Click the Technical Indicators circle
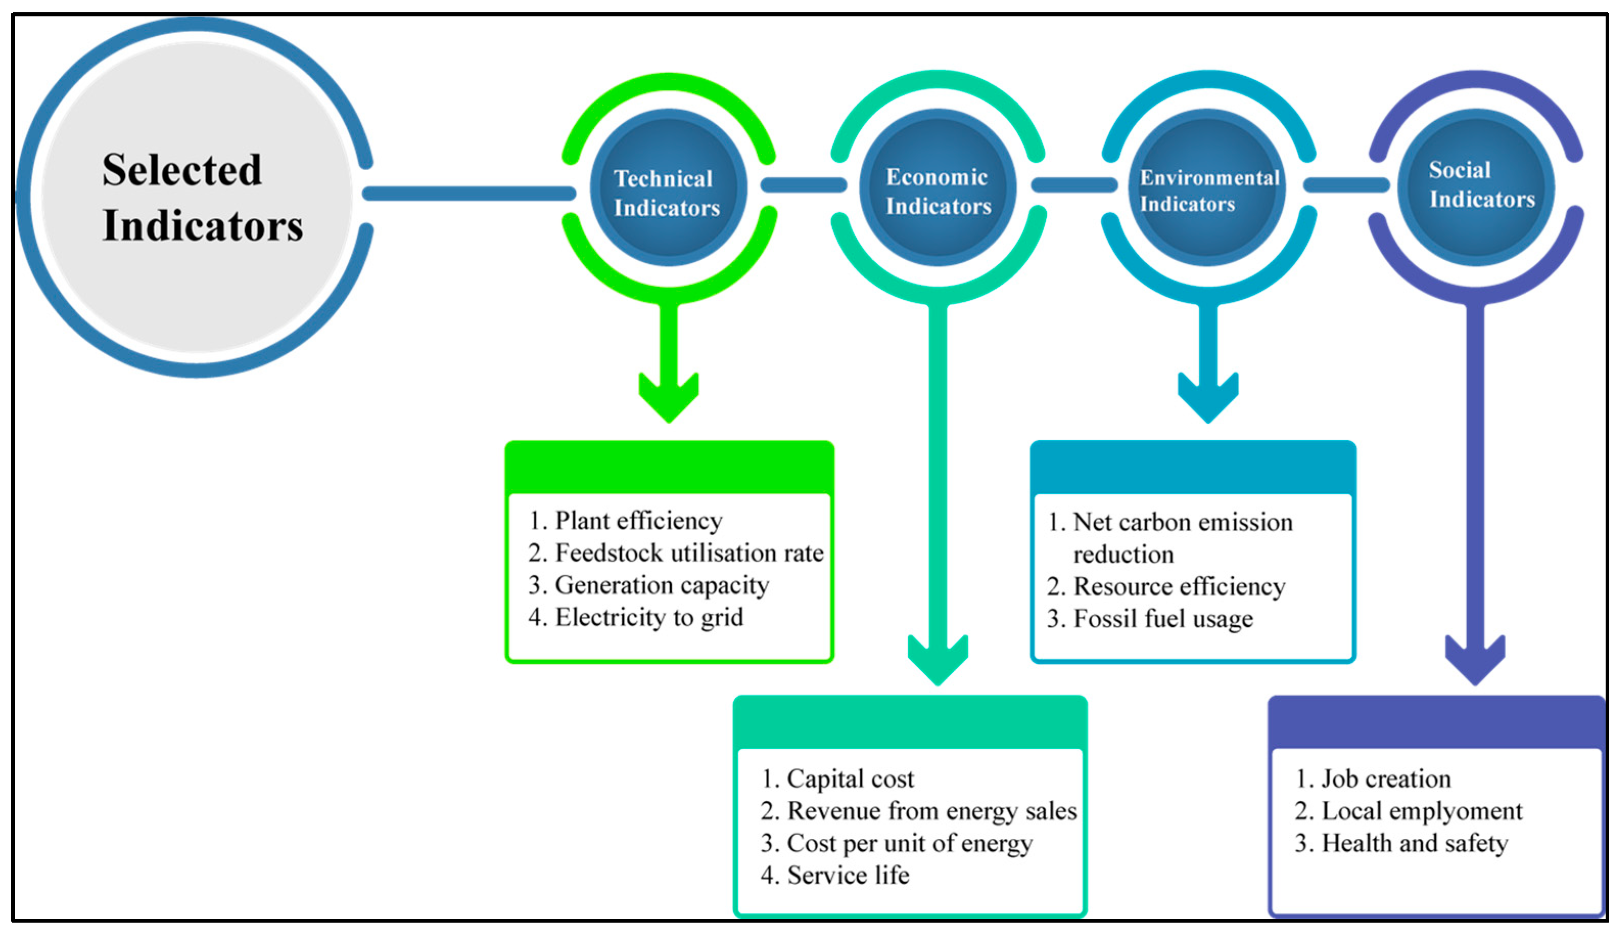tap(668, 188)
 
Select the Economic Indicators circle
tap(938, 188)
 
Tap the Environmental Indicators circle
tap(1208, 188)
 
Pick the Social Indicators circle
tap(1475, 188)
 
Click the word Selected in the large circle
tap(182, 170)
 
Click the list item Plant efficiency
tap(637, 520)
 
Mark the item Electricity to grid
tap(648, 617)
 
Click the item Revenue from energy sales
tap(931, 811)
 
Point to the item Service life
tap(848, 875)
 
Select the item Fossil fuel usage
tap(1162, 619)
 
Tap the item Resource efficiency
tap(1179, 586)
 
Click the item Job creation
tap(1386, 778)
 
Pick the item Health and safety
tap(1414, 843)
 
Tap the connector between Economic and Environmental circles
tap(1074, 186)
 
